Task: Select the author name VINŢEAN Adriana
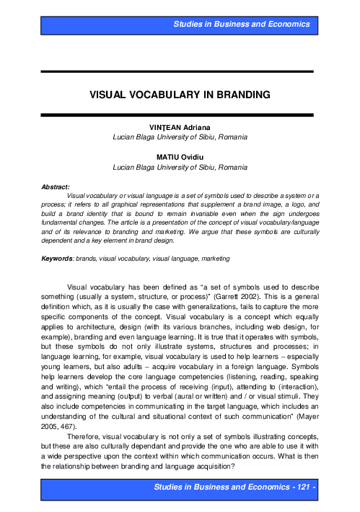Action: point(180,126)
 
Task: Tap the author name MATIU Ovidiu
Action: point(180,157)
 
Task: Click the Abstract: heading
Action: point(55,186)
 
